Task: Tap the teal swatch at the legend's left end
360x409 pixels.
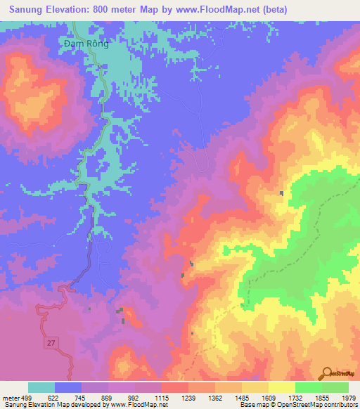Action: [x=41, y=387]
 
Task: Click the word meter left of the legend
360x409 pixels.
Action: [x=11, y=398]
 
